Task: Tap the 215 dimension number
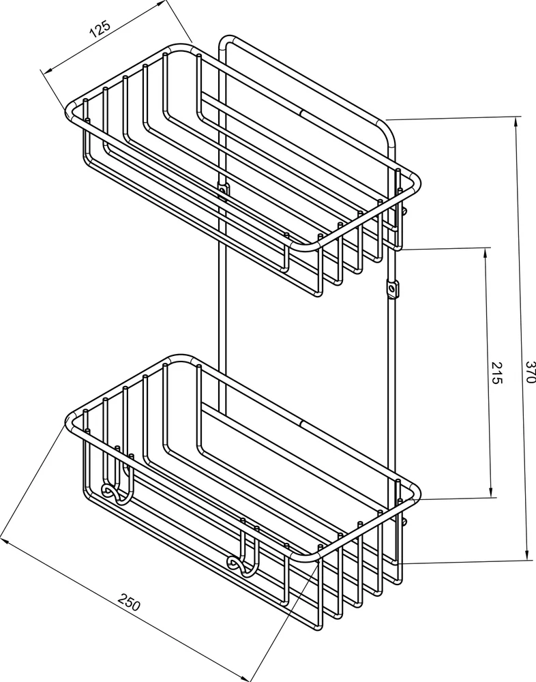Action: tap(496, 373)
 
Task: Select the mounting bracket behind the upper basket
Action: tap(222, 190)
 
